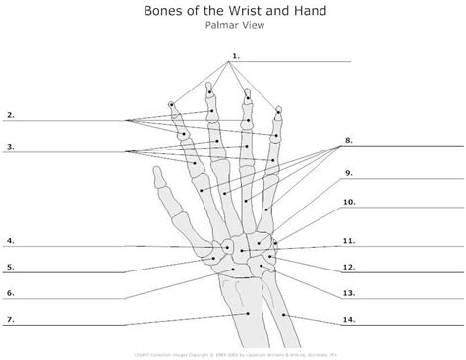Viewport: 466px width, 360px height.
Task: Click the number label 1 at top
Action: point(235,54)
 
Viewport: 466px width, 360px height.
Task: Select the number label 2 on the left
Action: point(10,115)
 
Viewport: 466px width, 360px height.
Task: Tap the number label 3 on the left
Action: point(10,147)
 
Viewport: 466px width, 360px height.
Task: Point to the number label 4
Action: point(10,240)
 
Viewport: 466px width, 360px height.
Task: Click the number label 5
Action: point(10,266)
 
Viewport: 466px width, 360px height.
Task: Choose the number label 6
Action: point(10,292)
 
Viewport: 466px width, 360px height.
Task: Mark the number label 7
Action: point(10,319)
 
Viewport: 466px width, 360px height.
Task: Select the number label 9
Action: point(348,173)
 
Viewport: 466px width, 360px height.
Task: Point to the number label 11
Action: point(349,240)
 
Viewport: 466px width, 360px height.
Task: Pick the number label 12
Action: point(349,267)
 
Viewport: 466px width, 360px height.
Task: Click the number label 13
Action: point(349,293)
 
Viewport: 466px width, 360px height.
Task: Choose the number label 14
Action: point(349,320)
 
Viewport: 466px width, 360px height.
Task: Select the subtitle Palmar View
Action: point(232,29)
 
